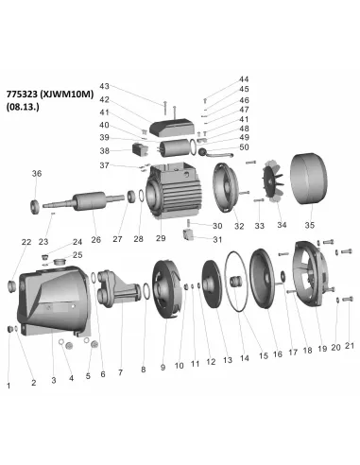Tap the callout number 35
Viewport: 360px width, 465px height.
coord(308,226)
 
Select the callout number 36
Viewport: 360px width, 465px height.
coord(37,173)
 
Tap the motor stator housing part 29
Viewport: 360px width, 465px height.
coord(173,194)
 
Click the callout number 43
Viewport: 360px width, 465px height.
coord(131,86)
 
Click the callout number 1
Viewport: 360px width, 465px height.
coord(9,386)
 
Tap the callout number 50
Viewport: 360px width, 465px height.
coord(245,146)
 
